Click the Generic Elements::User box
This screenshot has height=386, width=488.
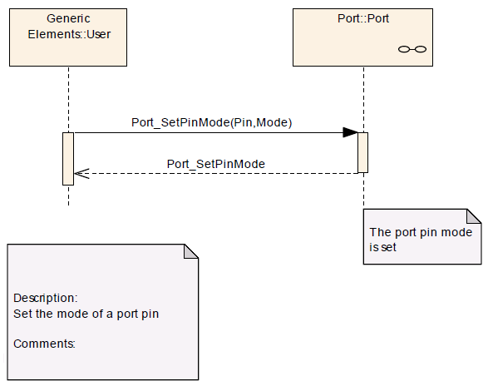[x=68, y=37]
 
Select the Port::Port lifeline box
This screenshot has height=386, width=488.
[x=362, y=37]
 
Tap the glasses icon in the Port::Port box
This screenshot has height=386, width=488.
[x=412, y=49]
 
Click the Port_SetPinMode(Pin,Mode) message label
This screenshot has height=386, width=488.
[x=212, y=122]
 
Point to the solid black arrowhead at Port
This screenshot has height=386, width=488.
[x=350, y=132]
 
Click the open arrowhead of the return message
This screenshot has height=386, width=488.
[x=81, y=174]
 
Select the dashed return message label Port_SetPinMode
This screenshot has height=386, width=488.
[x=216, y=164]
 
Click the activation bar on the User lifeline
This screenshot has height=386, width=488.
[x=68, y=159]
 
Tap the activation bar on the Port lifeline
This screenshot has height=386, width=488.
[x=363, y=153]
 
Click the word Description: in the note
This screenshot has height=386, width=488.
[x=46, y=298]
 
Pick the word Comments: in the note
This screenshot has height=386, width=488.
[x=44, y=344]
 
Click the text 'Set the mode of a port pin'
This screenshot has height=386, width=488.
[x=86, y=314]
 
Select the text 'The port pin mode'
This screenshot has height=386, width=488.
[x=421, y=232]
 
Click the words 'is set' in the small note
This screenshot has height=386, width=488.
[x=382, y=247]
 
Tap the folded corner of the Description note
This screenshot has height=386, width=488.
[x=190, y=252]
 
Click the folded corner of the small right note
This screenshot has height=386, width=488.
[x=474, y=216]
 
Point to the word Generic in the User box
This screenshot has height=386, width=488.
[x=68, y=18]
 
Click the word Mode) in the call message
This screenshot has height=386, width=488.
[x=274, y=122]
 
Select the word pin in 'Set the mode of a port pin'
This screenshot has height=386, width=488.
[x=150, y=314]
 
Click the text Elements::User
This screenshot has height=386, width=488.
[x=69, y=34]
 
